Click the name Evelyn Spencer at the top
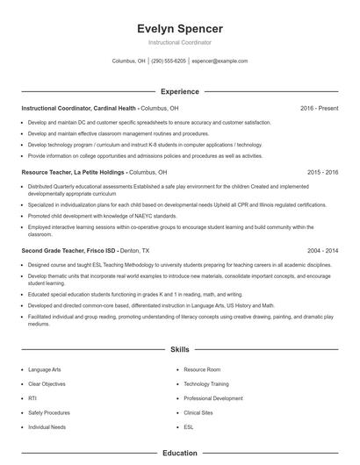tap(180, 28)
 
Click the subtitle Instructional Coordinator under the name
tap(180, 42)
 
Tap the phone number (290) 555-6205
tap(169, 61)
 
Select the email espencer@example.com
tap(220, 61)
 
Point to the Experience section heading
tap(180, 91)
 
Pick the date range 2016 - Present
tap(319, 108)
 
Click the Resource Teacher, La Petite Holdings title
tap(75, 173)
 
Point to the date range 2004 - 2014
tap(322, 250)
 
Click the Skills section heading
tap(180, 349)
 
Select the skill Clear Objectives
tap(47, 384)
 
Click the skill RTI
tap(32, 398)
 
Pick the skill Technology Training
tap(206, 384)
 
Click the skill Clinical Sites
tap(199, 412)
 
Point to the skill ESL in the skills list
tap(189, 426)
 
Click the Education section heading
tap(180, 454)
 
